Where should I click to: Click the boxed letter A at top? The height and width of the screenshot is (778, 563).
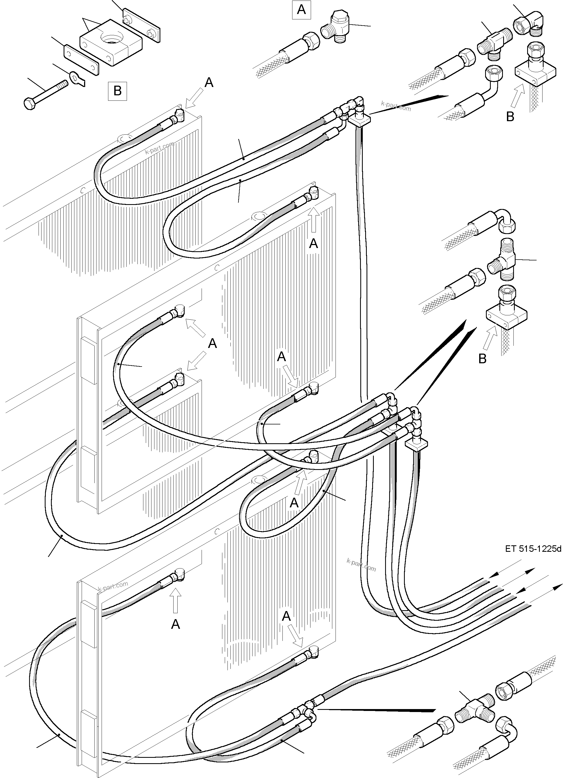(x=301, y=10)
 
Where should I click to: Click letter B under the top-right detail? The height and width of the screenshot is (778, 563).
(x=510, y=117)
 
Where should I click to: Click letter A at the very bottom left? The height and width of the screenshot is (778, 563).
(x=175, y=624)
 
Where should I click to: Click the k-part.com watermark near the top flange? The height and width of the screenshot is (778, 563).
(x=395, y=106)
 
